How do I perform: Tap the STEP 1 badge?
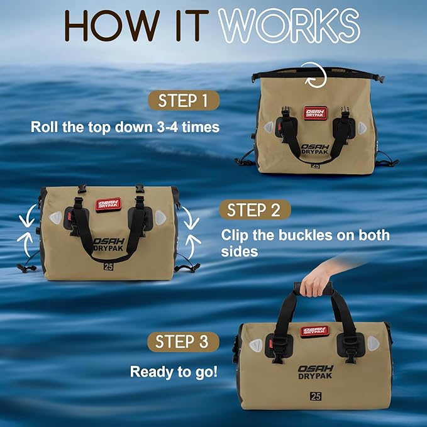pyautogui.click(x=183, y=101)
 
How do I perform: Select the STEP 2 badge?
pyautogui.click(x=253, y=209)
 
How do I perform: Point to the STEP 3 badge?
pyautogui.click(x=182, y=342)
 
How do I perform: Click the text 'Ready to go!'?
pyautogui.click(x=174, y=371)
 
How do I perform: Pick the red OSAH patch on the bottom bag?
pyautogui.click(x=314, y=330)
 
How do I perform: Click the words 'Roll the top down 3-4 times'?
pyautogui.click(x=125, y=126)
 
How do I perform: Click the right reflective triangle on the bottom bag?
pyautogui.click(x=374, y=343)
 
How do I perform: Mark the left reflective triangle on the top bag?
pyautogui.click(x=269, y=127)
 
